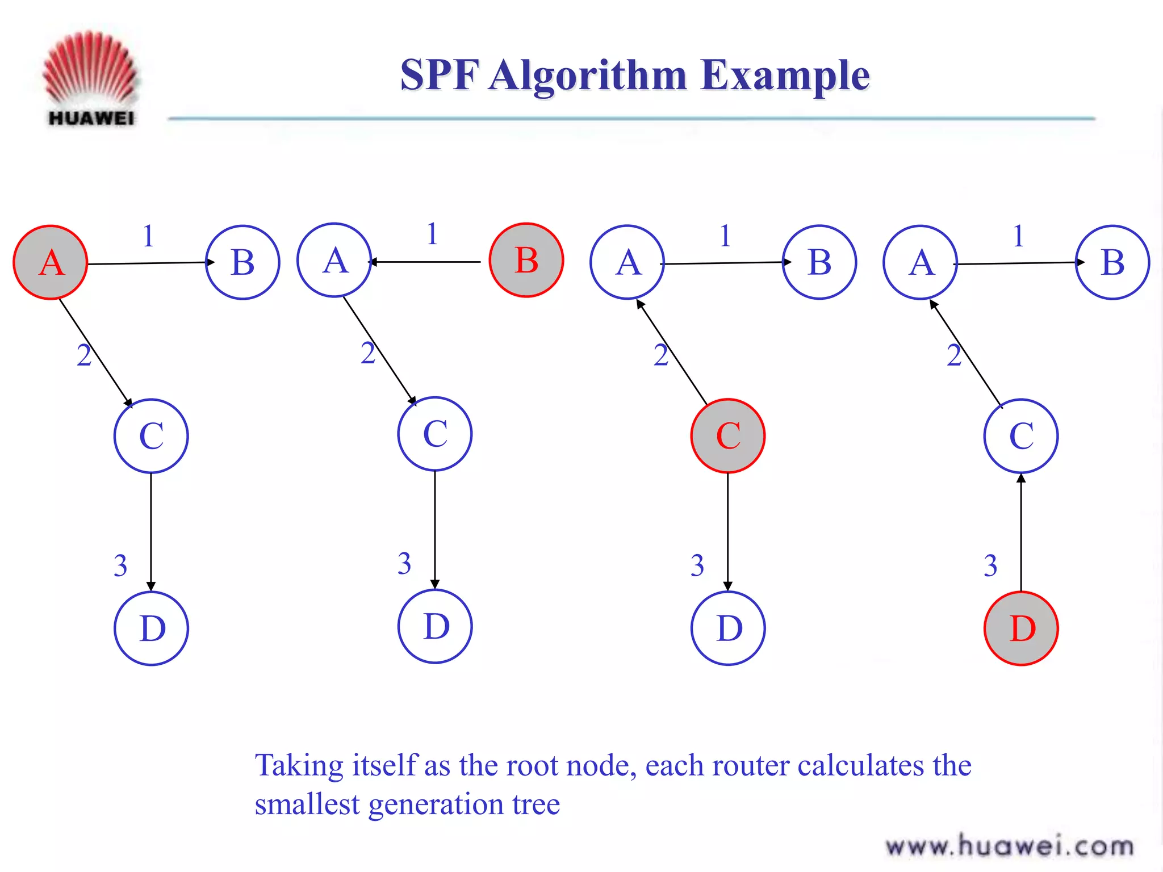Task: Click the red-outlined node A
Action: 51,262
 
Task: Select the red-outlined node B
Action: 526,260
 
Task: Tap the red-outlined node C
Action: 728,435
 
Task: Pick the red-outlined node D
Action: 1021,628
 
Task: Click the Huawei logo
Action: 91,79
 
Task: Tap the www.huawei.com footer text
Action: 1010,846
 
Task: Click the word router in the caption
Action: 750,765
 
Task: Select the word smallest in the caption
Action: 307,804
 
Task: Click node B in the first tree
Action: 242,262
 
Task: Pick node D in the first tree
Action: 151,628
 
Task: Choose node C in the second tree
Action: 435,434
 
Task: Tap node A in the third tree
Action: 627,262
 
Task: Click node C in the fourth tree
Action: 1021,435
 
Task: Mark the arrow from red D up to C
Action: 1021,534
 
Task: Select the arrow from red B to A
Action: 426,262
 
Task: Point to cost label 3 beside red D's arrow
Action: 990,565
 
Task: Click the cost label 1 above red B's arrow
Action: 432,234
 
